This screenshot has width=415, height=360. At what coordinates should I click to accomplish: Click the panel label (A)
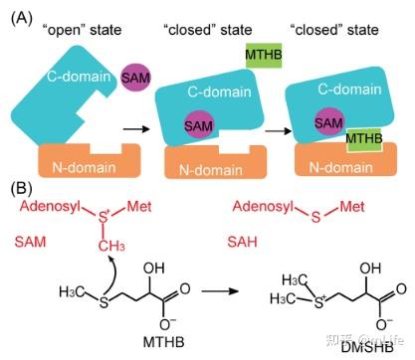pos(20,12)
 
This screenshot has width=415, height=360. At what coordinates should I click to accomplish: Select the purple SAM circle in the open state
pos(134,76)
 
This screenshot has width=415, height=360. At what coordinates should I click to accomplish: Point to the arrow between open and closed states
pos(138,128)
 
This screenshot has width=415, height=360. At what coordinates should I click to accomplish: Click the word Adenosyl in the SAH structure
pos(256,209)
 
